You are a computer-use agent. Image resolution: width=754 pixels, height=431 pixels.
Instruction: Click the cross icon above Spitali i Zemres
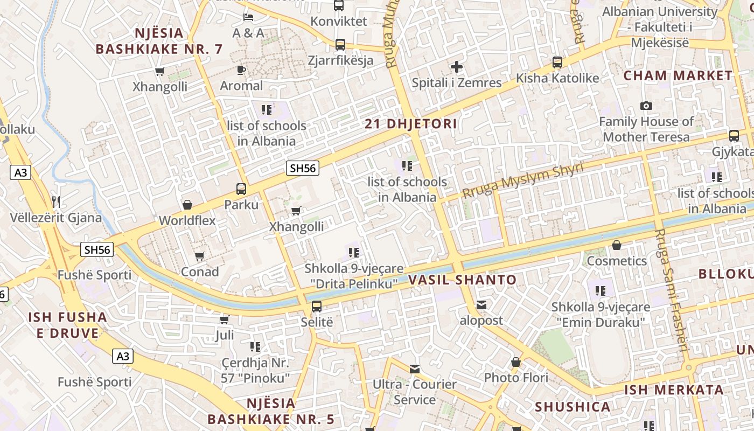[457, 67]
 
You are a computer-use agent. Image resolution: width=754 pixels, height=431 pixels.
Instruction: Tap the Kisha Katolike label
[557, 79]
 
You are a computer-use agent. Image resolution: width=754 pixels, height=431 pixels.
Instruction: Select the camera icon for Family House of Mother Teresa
[646, 106]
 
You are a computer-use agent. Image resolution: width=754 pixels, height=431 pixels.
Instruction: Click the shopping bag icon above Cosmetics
[617, 246]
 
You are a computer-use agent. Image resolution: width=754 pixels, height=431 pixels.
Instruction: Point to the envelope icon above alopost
[481, 305]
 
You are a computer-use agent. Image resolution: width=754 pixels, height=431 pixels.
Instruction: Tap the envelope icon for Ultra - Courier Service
[415, 369]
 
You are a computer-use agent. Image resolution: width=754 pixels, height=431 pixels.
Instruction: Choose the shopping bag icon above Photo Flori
[516, 362]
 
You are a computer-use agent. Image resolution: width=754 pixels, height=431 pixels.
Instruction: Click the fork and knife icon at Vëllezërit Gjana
[56, 202]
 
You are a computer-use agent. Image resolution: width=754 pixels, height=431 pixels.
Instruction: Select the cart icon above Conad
[200, 256]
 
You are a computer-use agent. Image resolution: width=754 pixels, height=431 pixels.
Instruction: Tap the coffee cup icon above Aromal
[241, 70]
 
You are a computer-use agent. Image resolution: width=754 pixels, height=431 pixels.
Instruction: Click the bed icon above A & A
[248, 17]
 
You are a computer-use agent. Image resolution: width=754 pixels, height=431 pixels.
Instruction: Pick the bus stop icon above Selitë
[317, 307]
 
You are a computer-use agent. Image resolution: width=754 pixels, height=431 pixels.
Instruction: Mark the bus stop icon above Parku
[241, 189]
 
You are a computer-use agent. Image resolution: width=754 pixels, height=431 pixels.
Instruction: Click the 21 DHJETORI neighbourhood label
[411, 124]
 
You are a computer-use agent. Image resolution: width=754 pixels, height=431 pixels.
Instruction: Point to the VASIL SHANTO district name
[462, 280]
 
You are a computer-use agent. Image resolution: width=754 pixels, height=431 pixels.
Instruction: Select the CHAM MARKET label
[678, 76]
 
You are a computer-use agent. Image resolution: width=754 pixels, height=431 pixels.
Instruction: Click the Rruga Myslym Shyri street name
[523, 180]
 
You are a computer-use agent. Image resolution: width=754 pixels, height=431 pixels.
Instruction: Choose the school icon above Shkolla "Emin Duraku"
[601, 291]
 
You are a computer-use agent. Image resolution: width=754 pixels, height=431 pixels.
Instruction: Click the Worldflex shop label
[187, 220]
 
